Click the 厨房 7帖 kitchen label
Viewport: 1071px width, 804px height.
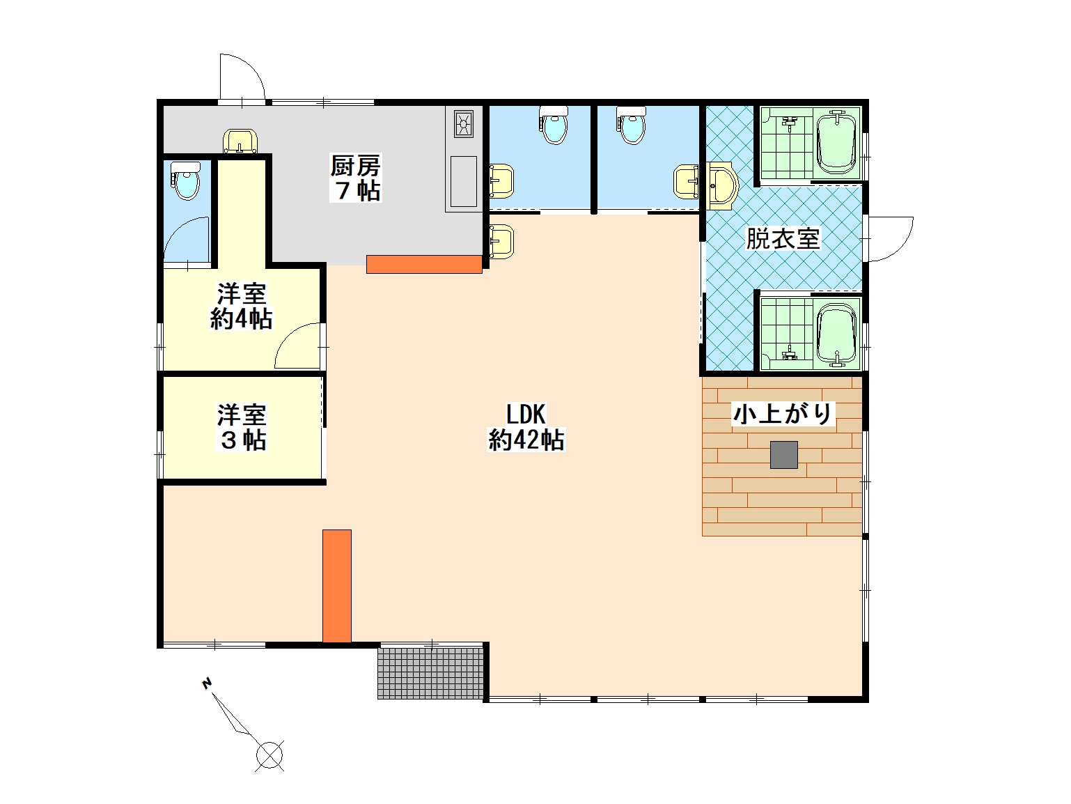click(x=355, y=178)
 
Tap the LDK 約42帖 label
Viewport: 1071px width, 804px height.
click(x=526, y=426)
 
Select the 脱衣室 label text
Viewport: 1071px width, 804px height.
click(x=783, y=239)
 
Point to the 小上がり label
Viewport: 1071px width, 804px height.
click(x=783, y=414)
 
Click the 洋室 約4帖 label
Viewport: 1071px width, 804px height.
click(x=241, y=307)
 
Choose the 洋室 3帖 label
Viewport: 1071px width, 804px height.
click(x=242, y=427)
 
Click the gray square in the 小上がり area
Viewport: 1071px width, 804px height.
click(x=783, y=454)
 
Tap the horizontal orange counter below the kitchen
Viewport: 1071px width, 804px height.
click(x=424, y=264)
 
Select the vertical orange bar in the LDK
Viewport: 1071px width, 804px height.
click(x=336, y=586)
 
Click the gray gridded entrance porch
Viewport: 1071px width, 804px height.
click(x=430, y=673)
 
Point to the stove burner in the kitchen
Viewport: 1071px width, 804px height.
click(x=463, y=124)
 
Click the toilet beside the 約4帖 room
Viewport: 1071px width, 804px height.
click(x=185, y=180)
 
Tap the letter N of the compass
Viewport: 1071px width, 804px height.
click(x=207, y=683)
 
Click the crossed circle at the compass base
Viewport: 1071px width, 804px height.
click(x=269, y=755)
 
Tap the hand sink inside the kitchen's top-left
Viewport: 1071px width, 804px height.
click(x=240, y=141)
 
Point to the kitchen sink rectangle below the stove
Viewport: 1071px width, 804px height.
click(x=463, y=181)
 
